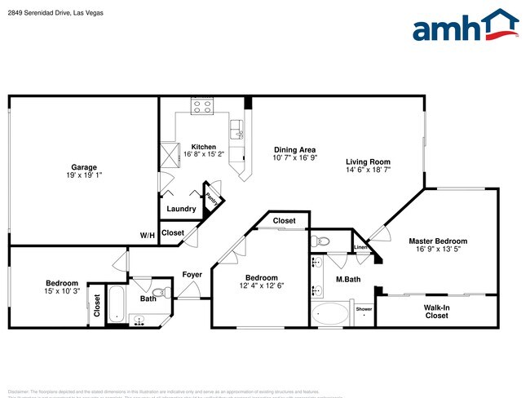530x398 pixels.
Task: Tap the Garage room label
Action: pyautogui.click(x=84, y=166)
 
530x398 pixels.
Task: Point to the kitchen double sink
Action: pyautogui.click(x=237, y=129)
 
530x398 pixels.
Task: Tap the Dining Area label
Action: pyautogui.click(x=294, y=149)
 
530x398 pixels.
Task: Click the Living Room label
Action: pyautogui.click(x=368, y=161)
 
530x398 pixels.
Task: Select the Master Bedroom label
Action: pyautogui.click(x=438, y=241)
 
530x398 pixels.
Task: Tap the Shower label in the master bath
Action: pyautogui.click(x=364, y=309)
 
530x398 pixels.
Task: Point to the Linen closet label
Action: pyautogui.click(x=360, y=248)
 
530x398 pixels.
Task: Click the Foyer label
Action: pyautogui.click(x=192, y=275)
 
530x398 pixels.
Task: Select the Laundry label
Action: pyautogui.click(x=181, y=209)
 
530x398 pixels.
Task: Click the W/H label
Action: pyautogui.click(x=147, y=236)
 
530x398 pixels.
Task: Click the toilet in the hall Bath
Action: pyautogui.click(x=160, y=292)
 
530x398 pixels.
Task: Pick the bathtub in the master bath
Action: pyautogui.click(x=330, y=313)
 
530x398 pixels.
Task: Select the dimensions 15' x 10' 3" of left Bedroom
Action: pyautogui.click(x=61, y=291)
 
